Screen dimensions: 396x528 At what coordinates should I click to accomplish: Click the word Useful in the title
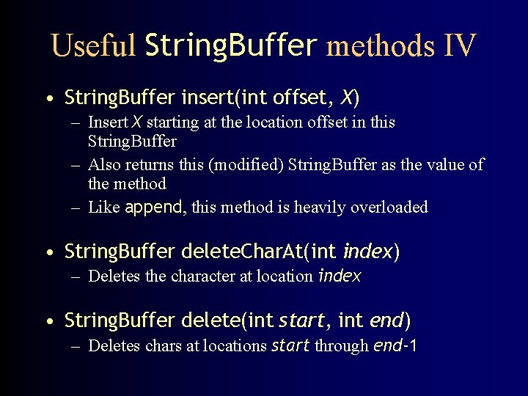click(94, 46)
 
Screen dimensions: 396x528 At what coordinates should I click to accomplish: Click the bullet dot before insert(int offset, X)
click(48, 99)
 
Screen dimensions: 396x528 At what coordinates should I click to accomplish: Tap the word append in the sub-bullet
click(154, 207)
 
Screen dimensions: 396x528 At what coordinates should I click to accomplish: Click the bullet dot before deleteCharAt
click(48, 254)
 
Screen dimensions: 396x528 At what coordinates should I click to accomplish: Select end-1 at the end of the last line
click(395, 345)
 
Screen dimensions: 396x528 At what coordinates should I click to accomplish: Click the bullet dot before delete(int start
click(48, 322)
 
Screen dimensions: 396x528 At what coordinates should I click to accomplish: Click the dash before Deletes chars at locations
click(76, 346)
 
